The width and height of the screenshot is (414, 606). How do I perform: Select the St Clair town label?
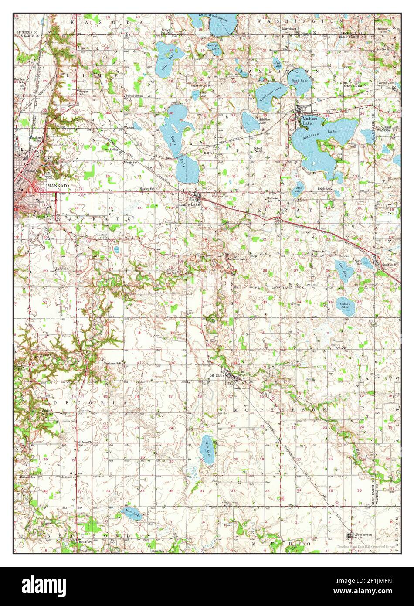tap(217, 374)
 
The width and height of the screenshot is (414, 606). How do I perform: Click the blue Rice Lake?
tap(208, 449)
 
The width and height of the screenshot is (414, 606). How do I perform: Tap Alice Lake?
tap(343, 271)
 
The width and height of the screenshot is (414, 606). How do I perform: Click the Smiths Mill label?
tap(391, 265)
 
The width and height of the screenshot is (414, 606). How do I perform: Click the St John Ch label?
tap(84, 442)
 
